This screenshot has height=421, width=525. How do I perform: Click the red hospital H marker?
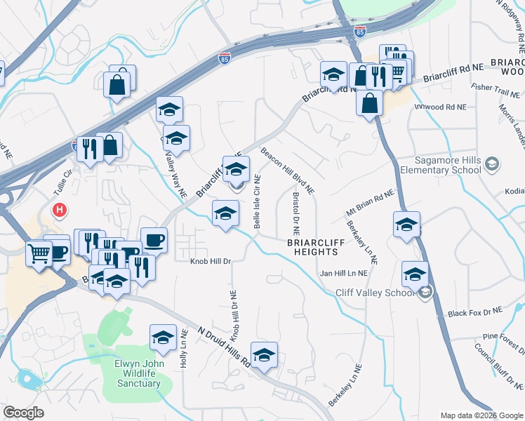pyautogui.click(x=61, y=210)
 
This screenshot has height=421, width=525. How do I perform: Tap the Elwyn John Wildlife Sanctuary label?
pyautogui.click(x=139, y=373)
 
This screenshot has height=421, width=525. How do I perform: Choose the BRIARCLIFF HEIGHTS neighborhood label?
pyautogui.click(x=317, y=248)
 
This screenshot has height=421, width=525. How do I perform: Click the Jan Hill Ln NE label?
pyautogui.click(x=344, y=273)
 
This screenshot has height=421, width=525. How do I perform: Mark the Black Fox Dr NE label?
pyautogui.click(x=476, y=312)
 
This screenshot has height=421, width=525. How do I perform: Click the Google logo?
pyautogui.click(x=24, y=412)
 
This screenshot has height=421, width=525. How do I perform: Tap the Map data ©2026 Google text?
pyautogui.click(x=481, y=415)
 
